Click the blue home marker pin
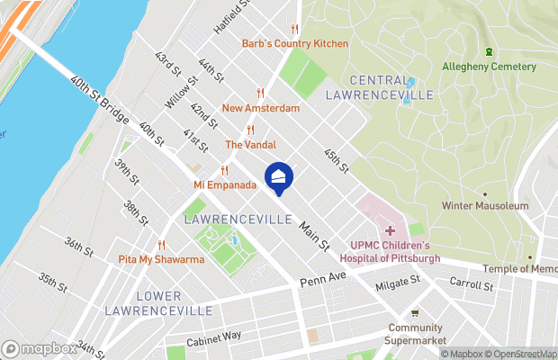pyautogui.click(x=279, y=177)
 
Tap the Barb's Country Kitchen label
pyautogui.click(x=294, y=43)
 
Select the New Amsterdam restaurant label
pyautogui.click(x=260, y=108)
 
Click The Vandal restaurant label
pyautogui.click(x=250, y=144)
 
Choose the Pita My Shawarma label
pyautogui.click(x=162, y=259)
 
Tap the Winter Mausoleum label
pyautogui.click(x=484, y=206)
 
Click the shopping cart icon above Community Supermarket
pyautogui.click(x=414, y=313)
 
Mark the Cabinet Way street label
pyautogui.click(x=213, y=338)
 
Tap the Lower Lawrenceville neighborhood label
pyautogui.click(x=158, y=303)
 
